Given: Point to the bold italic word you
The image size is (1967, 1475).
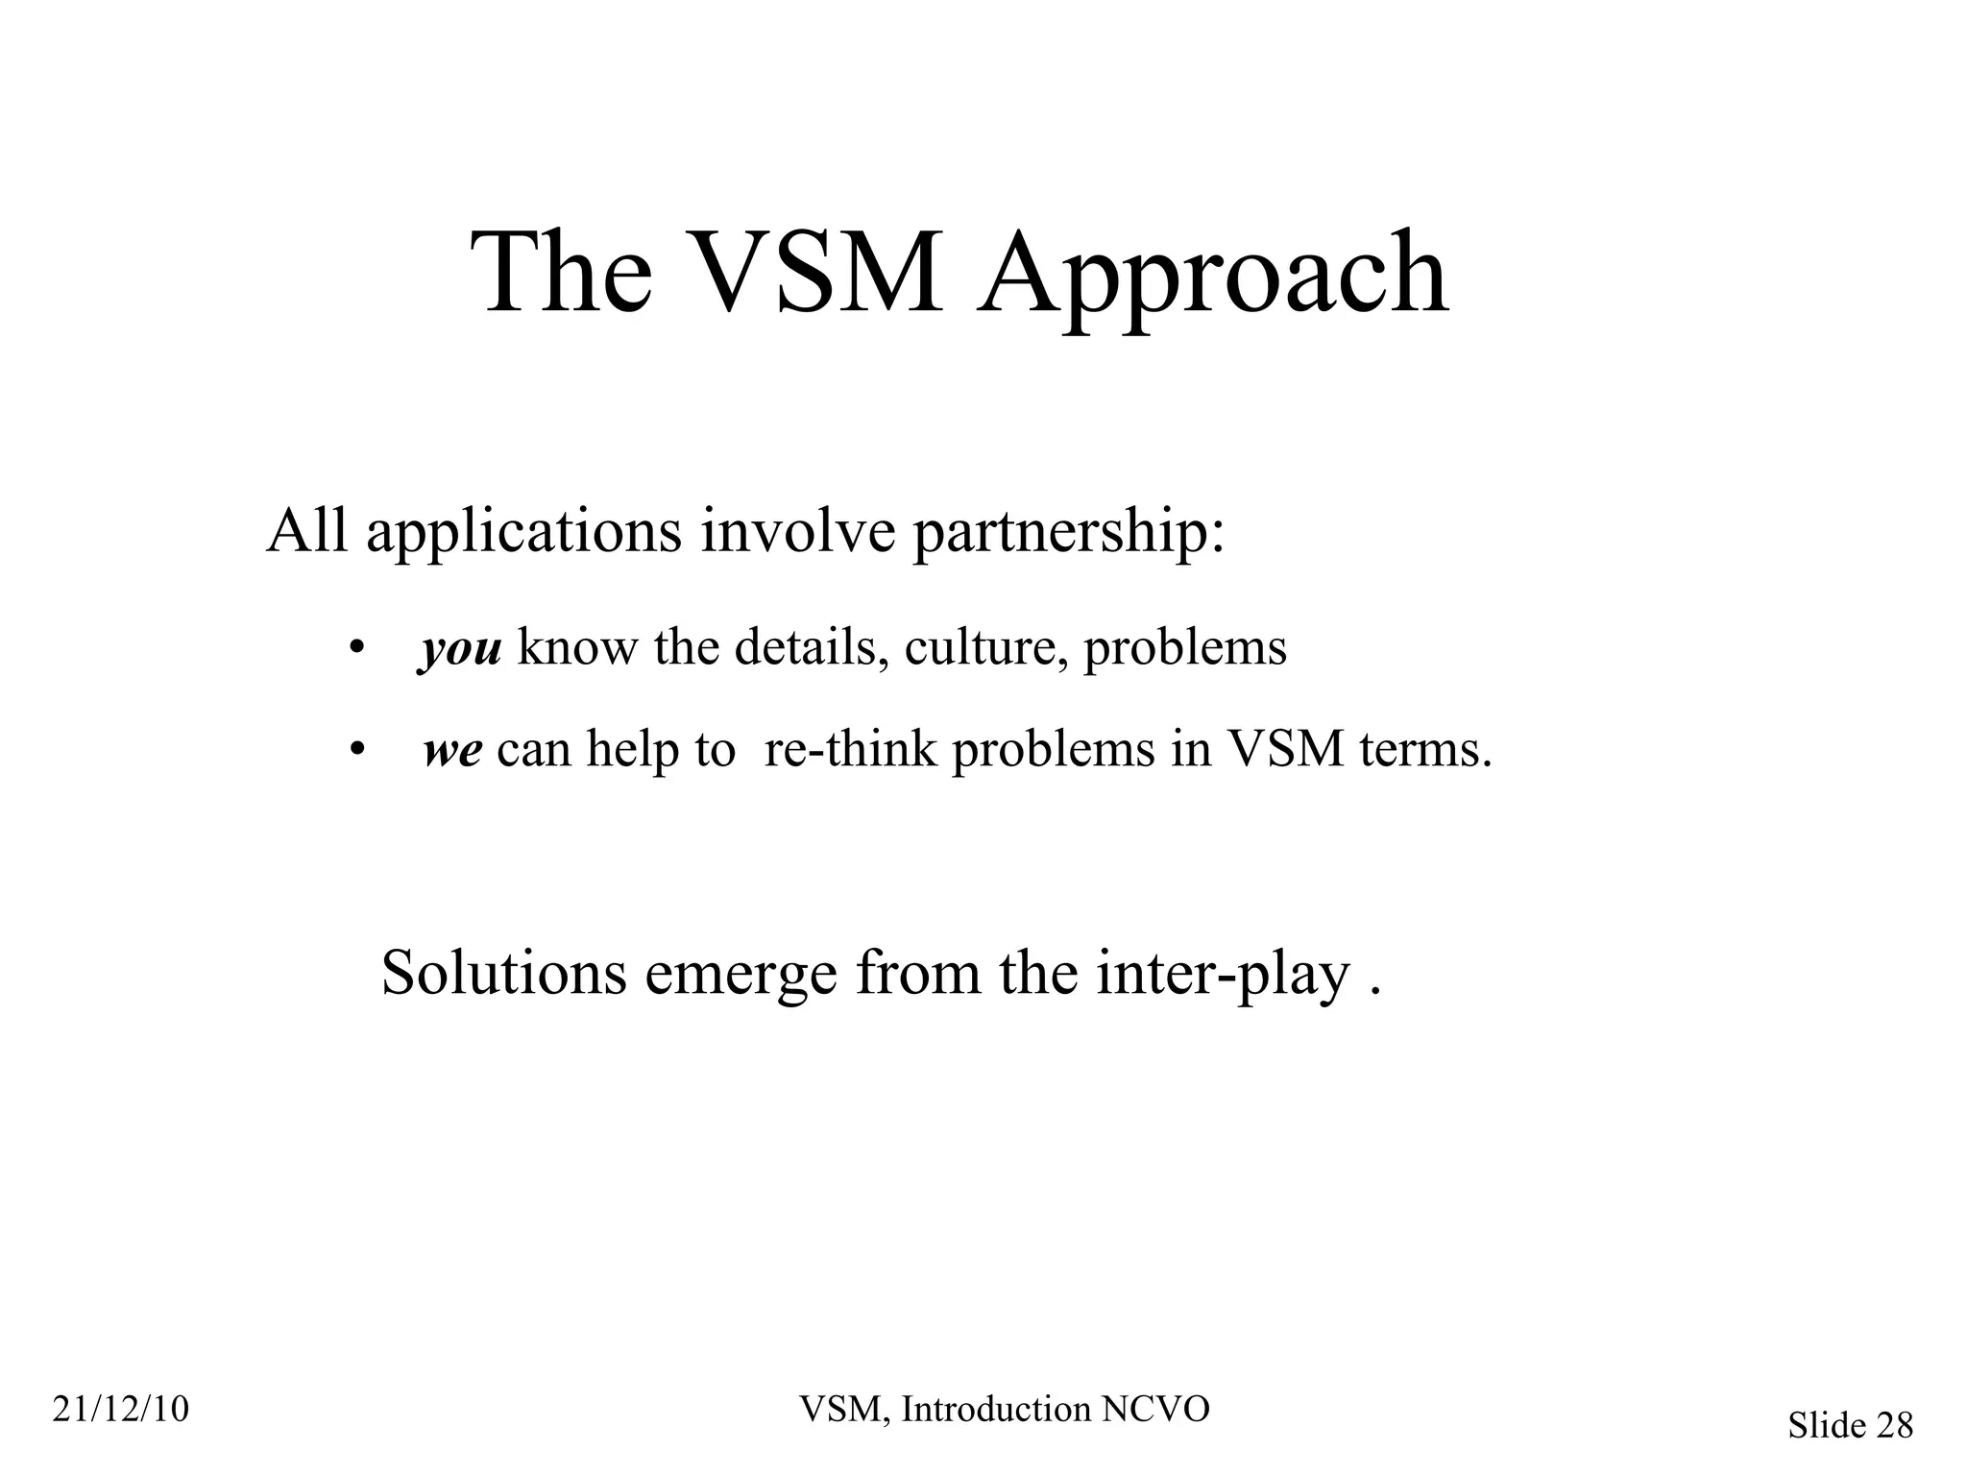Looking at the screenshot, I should coord(460,649).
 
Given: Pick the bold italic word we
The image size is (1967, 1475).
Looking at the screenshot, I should coord(452,750).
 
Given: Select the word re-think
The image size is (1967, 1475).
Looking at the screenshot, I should coord(849,748).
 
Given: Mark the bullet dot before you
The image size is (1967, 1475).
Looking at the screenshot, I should coord(356,649).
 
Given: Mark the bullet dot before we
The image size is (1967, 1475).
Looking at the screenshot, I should coord(356,750).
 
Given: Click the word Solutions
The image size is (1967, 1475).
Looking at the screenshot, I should coord(503,973).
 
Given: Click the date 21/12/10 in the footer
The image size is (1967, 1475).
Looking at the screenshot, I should coord(121,1410).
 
